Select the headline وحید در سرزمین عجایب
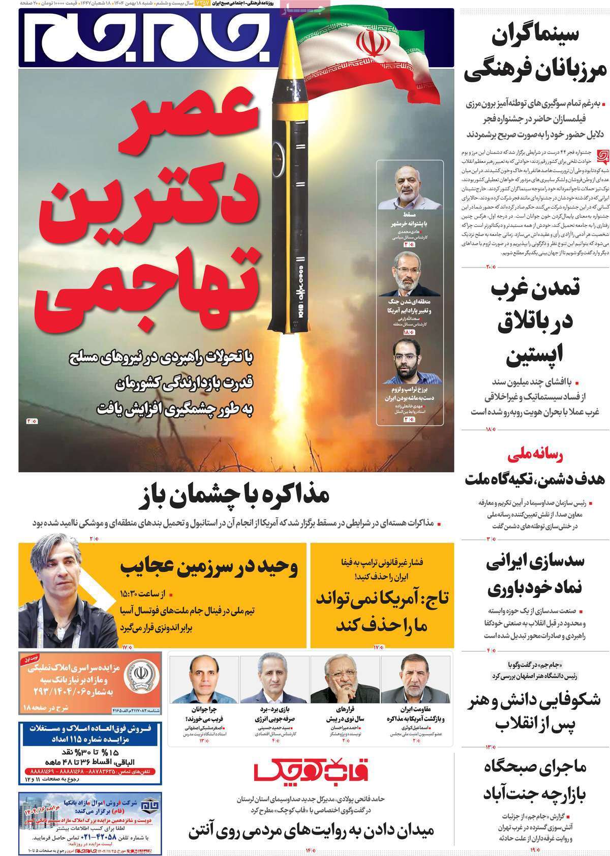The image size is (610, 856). [x=209, y=567]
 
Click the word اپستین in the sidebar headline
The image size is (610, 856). [x=532, y=357]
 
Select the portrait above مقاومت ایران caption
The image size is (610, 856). [x=416, y=679]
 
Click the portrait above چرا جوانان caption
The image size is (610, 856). [x=203, y=679]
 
